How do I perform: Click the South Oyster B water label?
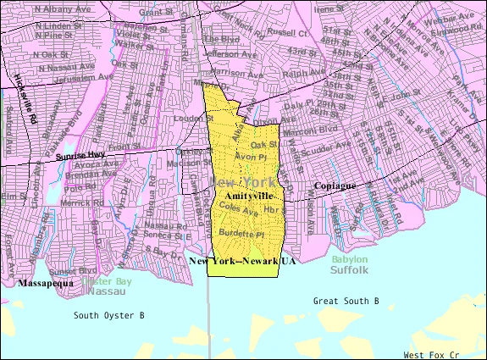tap(108, 315)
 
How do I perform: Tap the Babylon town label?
tap(349, 259)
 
